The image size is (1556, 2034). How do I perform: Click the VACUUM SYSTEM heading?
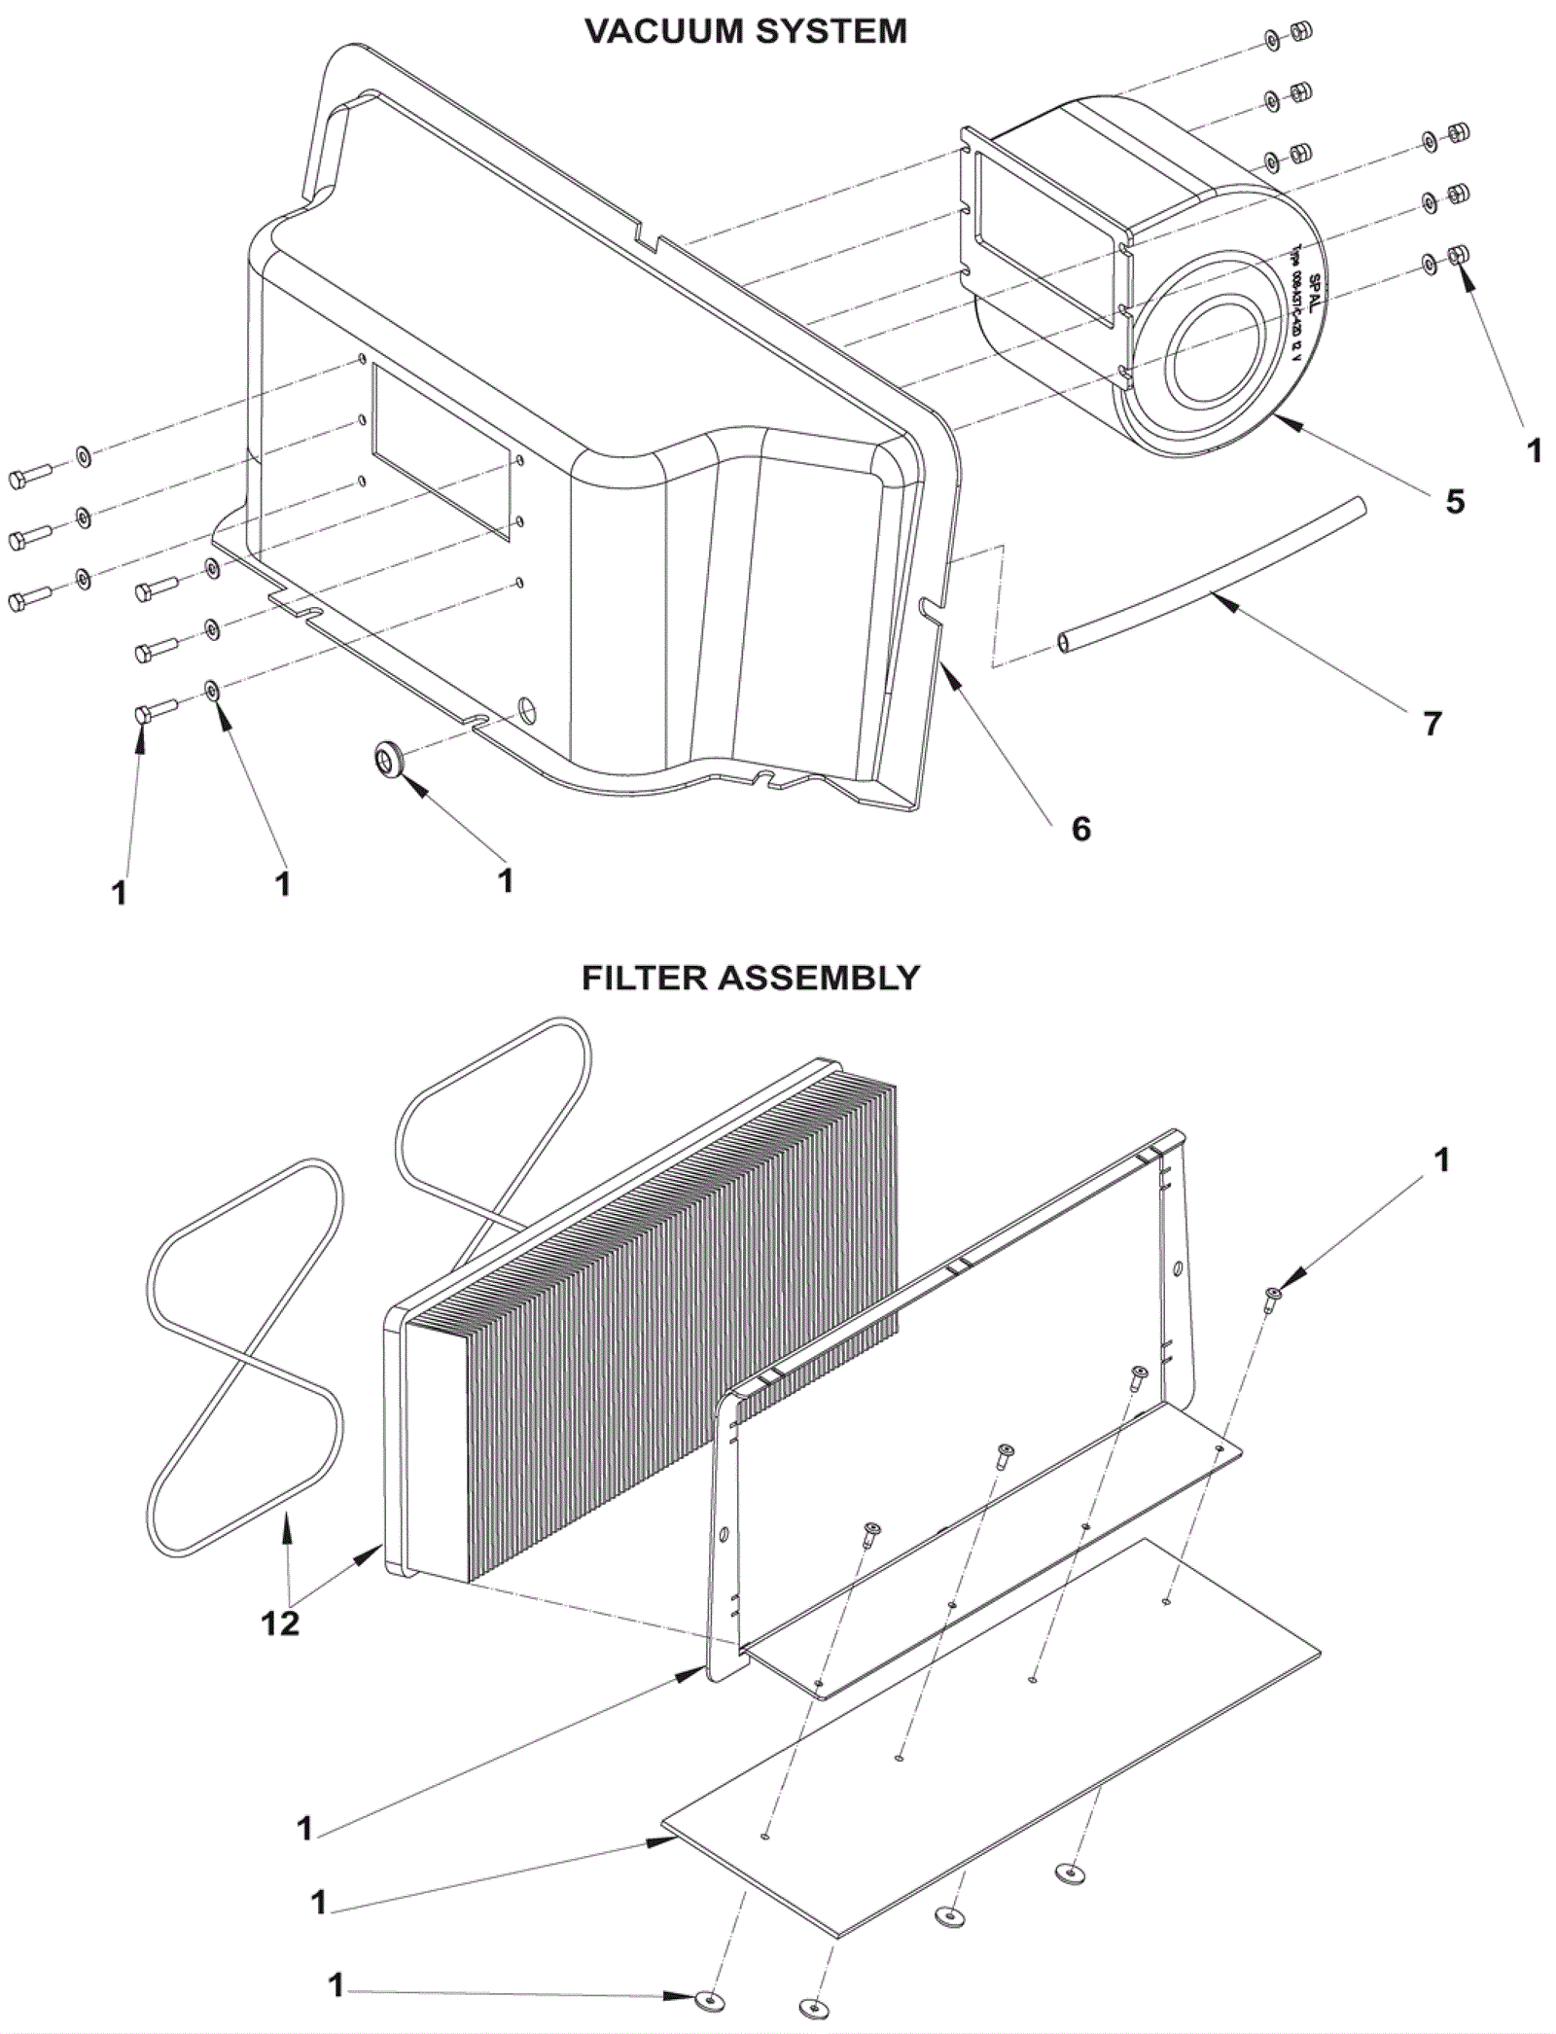pyautogui.click(x=746, y=32)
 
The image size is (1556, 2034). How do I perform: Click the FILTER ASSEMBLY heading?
pyautogui.click(x=750, y=977)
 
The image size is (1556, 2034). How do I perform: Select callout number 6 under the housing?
pyautogui.click(x=1080, y=829)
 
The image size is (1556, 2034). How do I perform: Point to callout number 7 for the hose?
pyautogui.click(x=1432, y=723)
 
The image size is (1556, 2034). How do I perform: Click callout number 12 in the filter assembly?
pyautogui.click(x=280, y=1624)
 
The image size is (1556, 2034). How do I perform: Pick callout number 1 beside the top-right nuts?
pyautogui.click(x=1535, y=450)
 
